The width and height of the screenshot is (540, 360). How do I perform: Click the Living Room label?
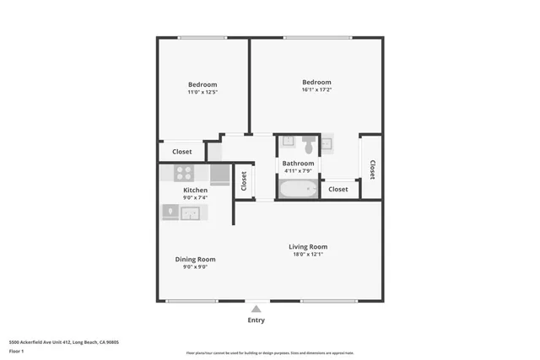click(x=308, y=247)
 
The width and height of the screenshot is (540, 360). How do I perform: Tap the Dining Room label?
click(x=195, y=259)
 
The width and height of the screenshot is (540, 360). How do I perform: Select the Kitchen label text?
click(x=195, y=191)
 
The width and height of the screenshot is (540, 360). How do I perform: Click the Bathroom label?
click(x=298, y=164)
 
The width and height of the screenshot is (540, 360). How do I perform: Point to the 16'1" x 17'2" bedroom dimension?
click(x=316, y=90)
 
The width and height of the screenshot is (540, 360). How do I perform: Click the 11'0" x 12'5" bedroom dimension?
click(x=202, y=92)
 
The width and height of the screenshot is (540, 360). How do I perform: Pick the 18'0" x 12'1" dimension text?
click(x=308, y=255)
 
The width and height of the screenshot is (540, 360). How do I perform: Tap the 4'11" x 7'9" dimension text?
click(x=298, y=171)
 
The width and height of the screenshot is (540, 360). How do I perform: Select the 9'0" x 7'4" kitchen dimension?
click(x=195, y=198)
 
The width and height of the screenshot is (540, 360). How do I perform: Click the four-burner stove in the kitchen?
click(x=184, y=174)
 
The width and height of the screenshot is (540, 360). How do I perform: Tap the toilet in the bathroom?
click(x=309, y=145)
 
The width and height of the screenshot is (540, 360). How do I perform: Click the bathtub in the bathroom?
click(x=298, y=189)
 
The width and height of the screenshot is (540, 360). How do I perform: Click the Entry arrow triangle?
click(x=256, y=309)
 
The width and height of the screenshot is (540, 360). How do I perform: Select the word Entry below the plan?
click(x=256, y=320)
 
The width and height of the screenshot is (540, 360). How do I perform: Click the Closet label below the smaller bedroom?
click(x=181, y=152)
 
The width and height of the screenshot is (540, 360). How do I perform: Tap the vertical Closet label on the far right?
click(x=372, y=169)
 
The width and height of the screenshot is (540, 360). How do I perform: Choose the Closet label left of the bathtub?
click(x=244, y=180)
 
